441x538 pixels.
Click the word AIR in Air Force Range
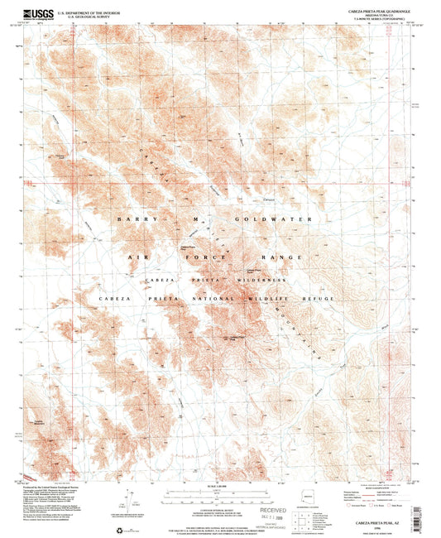(138, 257)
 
